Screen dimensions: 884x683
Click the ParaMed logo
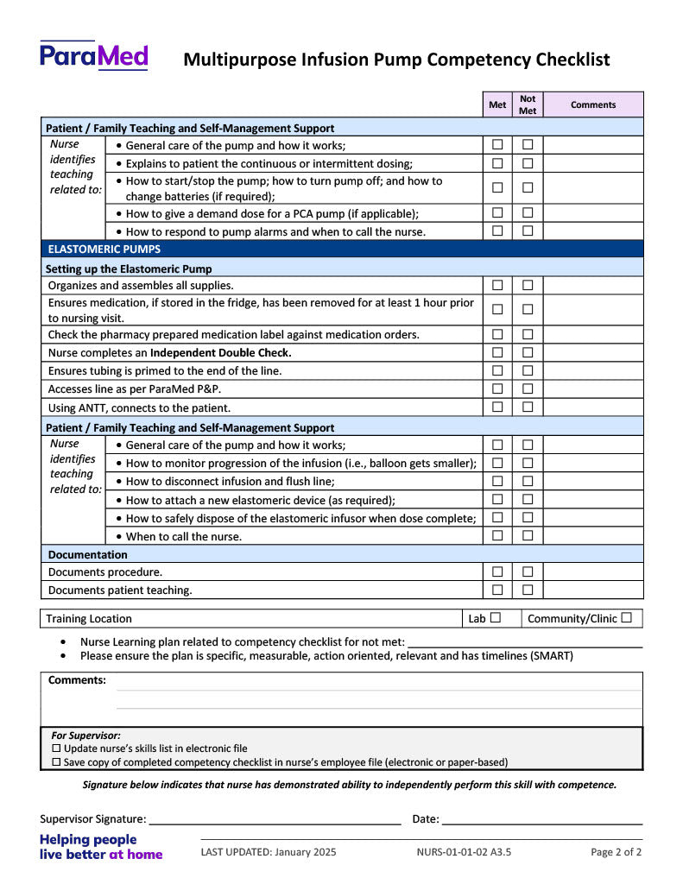(x=94, y=56)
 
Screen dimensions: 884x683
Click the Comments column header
(x=593, y=105)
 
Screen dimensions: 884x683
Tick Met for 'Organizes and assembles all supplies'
(x=497, y=286)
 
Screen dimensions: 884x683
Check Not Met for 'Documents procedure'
(x=528, y=571)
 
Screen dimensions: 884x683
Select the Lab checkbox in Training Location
(x=496, y=618)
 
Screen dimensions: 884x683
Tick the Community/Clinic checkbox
(x=626, y=618)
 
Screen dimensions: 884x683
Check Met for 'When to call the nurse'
(x=497, y=536)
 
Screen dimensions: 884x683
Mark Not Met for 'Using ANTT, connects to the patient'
(x=528, y=407)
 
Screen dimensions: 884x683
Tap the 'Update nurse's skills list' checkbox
(x=57, y=748)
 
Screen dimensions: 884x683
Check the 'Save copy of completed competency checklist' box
(x=57, y=762)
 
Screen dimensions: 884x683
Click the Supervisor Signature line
(x=275, y=819)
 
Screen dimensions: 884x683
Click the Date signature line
(x=542, y=819)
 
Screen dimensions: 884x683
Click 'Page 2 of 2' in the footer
(x=616, y=852)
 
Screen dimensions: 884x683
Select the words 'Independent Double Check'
(x=220, y=353)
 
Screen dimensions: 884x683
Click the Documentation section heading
(x=87, y=554)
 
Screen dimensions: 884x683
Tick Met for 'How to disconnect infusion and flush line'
(x=497, y=482)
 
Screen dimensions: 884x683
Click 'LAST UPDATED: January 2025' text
(x=269, y=852)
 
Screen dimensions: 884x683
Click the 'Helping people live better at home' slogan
(x=100, y=847)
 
